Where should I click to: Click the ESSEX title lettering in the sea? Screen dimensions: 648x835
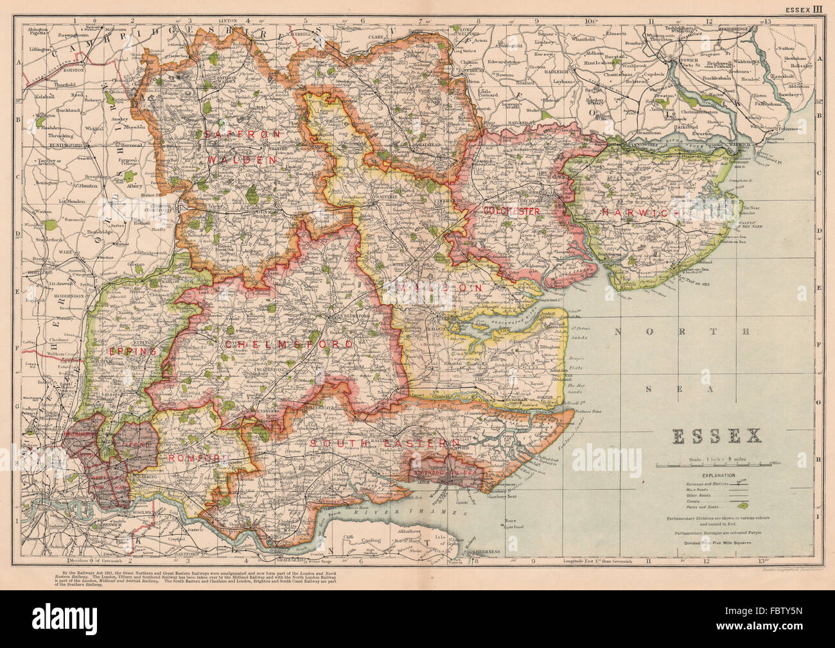[716, 437]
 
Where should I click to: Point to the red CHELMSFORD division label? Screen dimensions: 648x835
[288, 345]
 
